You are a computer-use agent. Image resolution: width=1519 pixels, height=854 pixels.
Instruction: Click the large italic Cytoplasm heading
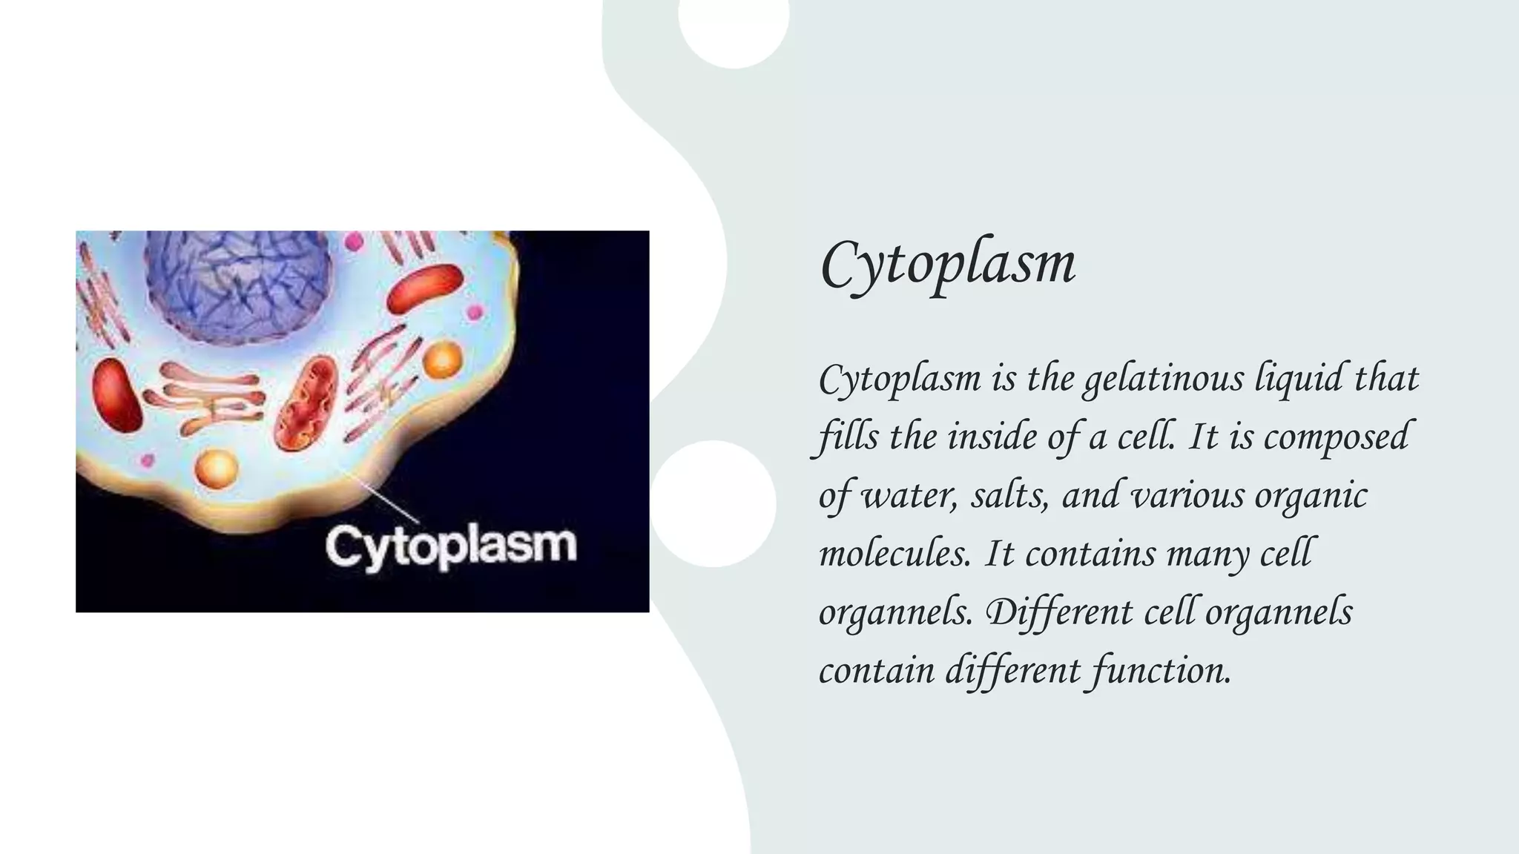pos(947,265)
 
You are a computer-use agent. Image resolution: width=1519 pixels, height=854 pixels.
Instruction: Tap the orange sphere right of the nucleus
pos(443,360)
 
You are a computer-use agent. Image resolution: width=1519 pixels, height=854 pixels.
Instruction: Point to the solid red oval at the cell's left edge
pos(116,395)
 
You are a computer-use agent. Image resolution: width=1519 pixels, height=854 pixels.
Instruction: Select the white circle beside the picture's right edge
pos(714,504)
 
